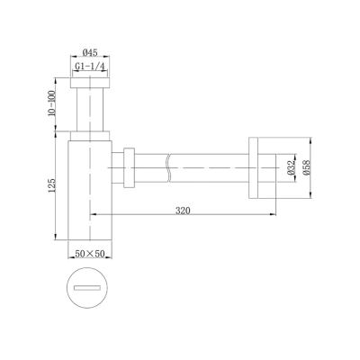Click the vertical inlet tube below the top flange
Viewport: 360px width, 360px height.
click(90, 112)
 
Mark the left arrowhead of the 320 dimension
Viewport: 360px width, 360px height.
click(94, 216)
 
